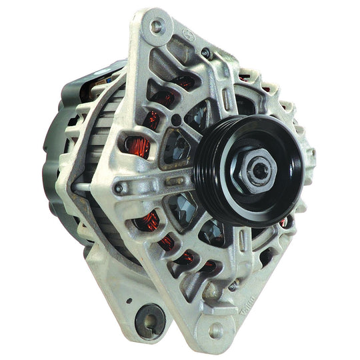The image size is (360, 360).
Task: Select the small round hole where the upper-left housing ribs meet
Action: click(x=175, y=121)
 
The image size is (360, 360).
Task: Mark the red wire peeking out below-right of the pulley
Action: click(x=285, y=222)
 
